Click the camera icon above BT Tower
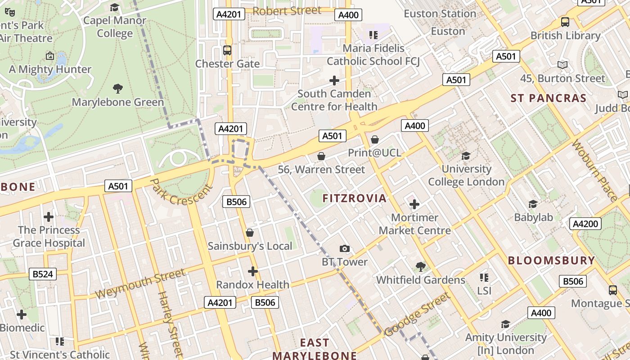tap(344, 248)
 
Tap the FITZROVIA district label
tap(355, 198)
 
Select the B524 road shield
tap(43, 274)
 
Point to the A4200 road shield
tap(585, 224)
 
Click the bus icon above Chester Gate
tap(227, 50)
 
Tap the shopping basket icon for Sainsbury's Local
tap(250, 233)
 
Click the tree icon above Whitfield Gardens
tap(421, 266)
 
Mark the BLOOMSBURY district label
tap(551, 260)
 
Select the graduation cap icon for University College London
tap(466, 156)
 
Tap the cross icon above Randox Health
tap(253, 271)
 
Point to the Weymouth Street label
tap(140, 283)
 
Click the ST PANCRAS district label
tap(549, 98)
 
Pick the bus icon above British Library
tap(565, 22)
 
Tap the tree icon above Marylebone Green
tap(118, 88)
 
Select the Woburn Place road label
tap(594, 171)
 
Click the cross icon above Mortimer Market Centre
tap(414, 204)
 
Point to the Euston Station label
tap(440, 13)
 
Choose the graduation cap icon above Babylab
tap(533, 204)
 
